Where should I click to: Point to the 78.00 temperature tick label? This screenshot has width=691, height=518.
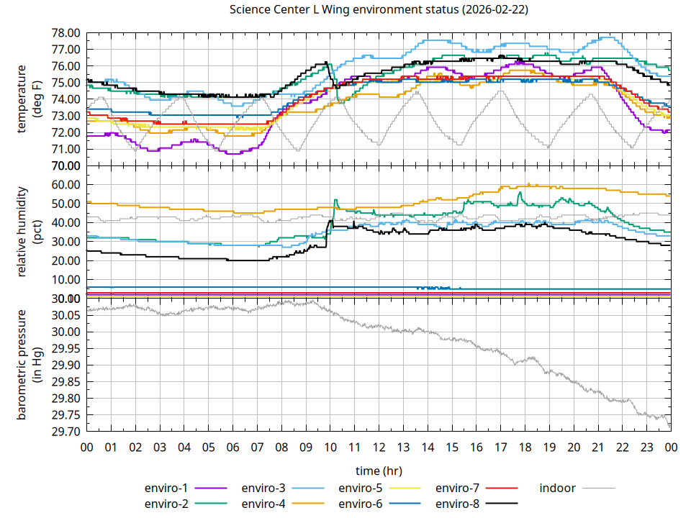66,33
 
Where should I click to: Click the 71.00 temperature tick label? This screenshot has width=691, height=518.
66,149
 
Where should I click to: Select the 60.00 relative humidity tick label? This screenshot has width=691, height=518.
66,185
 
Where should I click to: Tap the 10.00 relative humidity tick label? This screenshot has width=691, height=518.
66,280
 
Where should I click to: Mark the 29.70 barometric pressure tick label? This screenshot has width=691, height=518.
66,432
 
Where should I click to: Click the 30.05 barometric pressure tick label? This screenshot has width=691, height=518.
66,316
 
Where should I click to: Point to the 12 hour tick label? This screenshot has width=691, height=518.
379,447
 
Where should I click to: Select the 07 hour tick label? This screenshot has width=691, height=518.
257,447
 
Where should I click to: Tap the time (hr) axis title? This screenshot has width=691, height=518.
379,471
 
